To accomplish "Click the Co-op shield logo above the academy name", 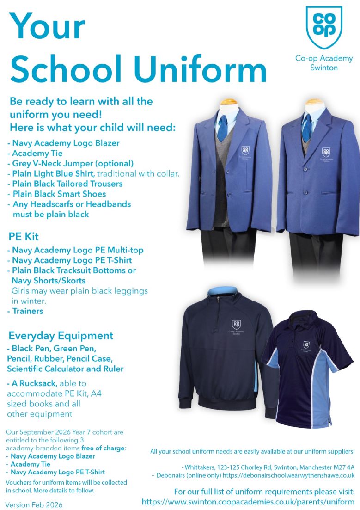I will click(x=324, y=27).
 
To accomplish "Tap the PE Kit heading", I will click(x=24, y=237).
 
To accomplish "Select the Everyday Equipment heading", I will click(x=60, y=335).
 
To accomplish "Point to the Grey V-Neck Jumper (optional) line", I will click(x=72, y=163).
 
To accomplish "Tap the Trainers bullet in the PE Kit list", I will click(x=28, y=311).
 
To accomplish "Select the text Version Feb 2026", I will click(x=34, y=504).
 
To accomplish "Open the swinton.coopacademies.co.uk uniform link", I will click(x=248, y=502).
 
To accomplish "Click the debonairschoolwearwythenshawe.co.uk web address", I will click(x=287, y=475).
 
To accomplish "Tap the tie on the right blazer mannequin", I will click(x=306, y=127).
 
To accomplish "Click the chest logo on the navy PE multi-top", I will click(x=236, y=325).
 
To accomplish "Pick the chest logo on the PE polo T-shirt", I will click(x=306, y=344).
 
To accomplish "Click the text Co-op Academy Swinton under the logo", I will click(x=324, y=63).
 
